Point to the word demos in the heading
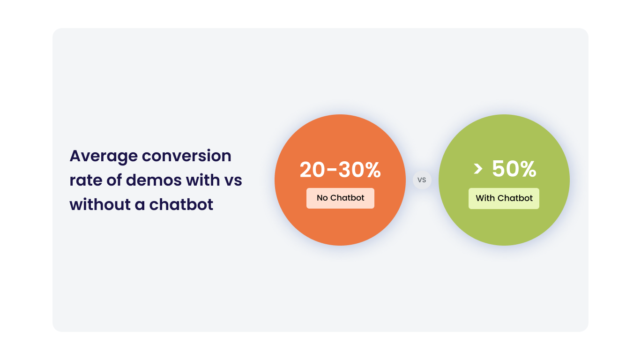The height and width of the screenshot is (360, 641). coord(154,180)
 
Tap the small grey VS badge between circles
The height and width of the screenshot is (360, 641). coord(422,180)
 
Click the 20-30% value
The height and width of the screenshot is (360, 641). coord(340,170)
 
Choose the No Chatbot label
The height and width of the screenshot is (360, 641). coord(340,198)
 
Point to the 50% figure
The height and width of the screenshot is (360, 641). coord(514,169)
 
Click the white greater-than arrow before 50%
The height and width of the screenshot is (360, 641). coord(478,169)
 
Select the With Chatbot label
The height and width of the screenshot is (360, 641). coord(504,198)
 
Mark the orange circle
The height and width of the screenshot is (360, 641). coord(340,225)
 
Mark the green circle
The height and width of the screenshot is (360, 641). coord(504,225)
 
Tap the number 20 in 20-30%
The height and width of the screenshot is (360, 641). coord(313,170)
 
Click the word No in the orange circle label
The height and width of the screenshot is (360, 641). coord(322,198)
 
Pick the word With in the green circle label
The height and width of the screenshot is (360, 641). coord(485,198)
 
